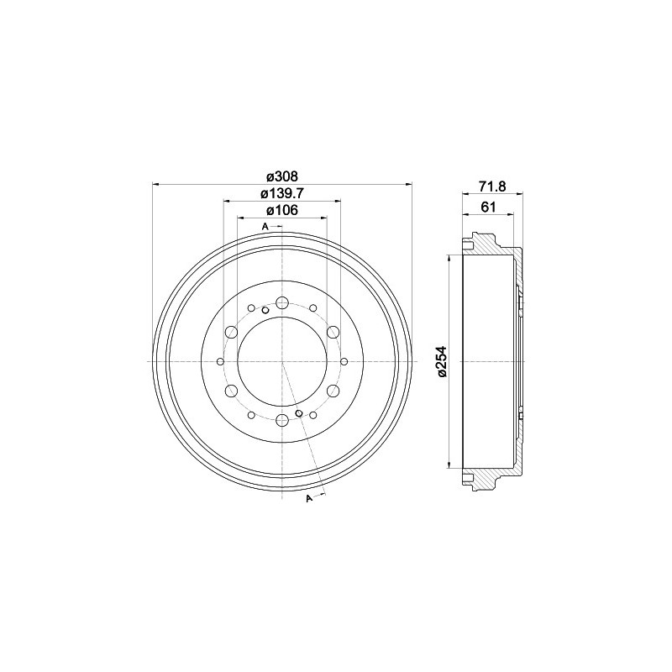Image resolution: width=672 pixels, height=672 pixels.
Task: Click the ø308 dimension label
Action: pyautogui.click(x=282, y=176)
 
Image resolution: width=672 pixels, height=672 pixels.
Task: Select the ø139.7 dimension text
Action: pyautogui.click(x=282, y=194)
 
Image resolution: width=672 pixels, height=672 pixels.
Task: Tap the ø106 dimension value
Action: pyautogui.click(x=282, y=211)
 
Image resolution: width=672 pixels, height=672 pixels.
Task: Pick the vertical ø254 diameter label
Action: pyautogui.click(x=442, y=362)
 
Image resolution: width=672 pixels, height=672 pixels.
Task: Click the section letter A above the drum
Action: pyautogui.click(x=265, y=228)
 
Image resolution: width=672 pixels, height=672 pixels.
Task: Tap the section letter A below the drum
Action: pyautogui.click(x=309, y=500)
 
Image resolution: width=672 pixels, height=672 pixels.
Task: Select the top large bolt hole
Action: pyautogui.click(x=282, y=303)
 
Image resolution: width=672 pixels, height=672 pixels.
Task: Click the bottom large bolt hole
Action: pyautogui.click(x=282, y=420)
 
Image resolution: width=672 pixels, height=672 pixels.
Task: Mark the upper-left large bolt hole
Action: pyautogui.click(x=231, y=333)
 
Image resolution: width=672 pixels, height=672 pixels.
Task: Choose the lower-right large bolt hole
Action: pyautogui.click(x=333, y=391)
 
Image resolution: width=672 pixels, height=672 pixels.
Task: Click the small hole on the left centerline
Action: pyautogui.click(x=221, y=362)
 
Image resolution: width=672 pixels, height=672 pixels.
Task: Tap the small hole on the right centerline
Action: pyautogui.click(x=344, y=362)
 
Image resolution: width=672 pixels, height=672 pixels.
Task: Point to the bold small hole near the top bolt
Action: pyautogui.click(x=265, y=310)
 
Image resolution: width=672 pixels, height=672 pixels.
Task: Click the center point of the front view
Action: pyautogui.click(x=282, y=362)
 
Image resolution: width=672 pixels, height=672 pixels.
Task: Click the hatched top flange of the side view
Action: pyautogui.click(x=491, y=246)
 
